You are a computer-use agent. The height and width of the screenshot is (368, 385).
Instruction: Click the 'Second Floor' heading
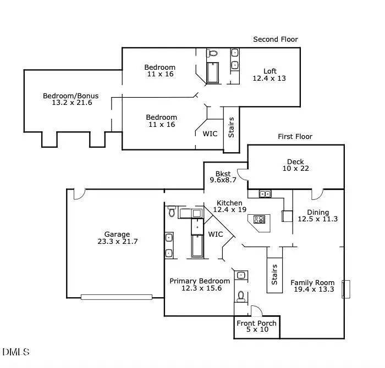(275, 39)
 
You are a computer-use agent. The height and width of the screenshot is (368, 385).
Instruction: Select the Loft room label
(269, 71)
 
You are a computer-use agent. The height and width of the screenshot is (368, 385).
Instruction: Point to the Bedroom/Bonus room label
(68, 96)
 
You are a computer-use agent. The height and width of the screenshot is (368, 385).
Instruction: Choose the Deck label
(295, 161)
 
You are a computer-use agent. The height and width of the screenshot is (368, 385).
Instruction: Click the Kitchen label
(229, 203)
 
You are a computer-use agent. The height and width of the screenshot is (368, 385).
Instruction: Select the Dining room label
(317, 212)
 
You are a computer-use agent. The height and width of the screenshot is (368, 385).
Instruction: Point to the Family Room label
(312, 283)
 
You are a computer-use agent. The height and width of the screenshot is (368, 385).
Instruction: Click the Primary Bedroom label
(200, 281)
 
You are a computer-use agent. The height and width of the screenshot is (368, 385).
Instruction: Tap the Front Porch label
(257, 323)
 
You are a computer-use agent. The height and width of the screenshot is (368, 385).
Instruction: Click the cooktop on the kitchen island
(259, 220)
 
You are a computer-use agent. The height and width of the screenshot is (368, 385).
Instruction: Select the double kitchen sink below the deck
(265, 194)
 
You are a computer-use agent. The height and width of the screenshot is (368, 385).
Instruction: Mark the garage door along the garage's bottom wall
(116, 297)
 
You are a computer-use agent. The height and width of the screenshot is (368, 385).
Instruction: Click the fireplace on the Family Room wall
(346, 289)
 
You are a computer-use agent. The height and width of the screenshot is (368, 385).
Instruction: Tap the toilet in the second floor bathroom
(213, 54)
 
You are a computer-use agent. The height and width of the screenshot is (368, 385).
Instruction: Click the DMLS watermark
(16, 352)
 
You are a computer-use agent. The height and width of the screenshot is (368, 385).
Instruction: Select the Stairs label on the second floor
(231, 127)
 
